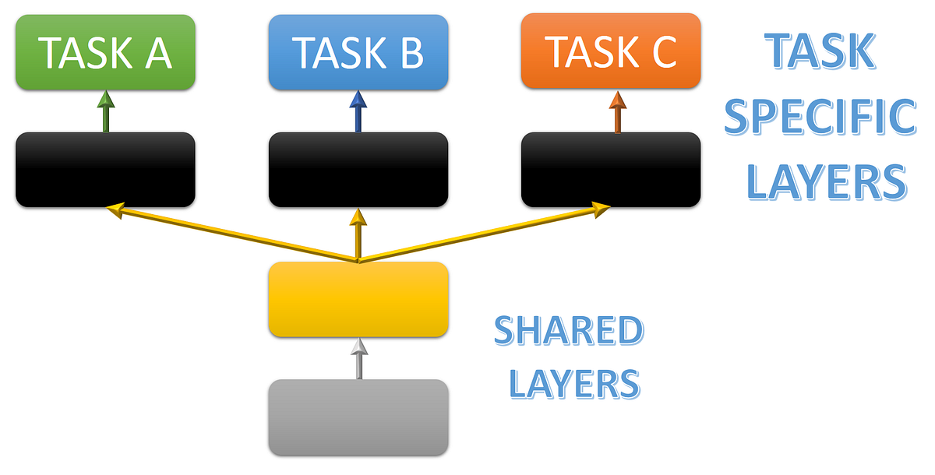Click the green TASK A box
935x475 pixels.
point(105,51)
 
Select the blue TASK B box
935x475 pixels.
point(358,51)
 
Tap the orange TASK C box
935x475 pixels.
point(611,51)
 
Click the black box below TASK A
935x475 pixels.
point(105,170)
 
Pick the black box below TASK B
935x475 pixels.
point(358,170)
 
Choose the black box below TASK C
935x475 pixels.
point(611,170)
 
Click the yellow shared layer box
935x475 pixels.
point(358,300)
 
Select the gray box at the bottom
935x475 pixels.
point(358,417)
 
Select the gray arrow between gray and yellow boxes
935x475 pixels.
point(358,359)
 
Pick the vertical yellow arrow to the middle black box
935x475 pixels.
point(358,234)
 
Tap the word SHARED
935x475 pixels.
point(568,330)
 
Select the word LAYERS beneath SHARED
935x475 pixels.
point(575,383)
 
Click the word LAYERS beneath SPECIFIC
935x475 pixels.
point(826,181)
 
